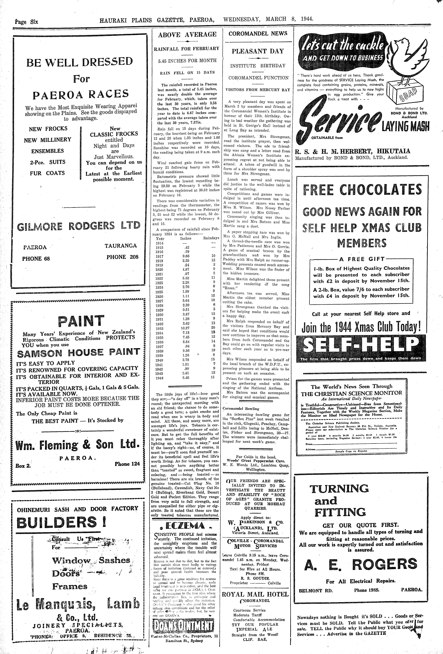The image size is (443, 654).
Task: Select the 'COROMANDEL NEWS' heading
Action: [258, 33]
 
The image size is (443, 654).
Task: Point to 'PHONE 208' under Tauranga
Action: [122, 257]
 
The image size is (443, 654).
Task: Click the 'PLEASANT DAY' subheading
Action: [258, 51]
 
